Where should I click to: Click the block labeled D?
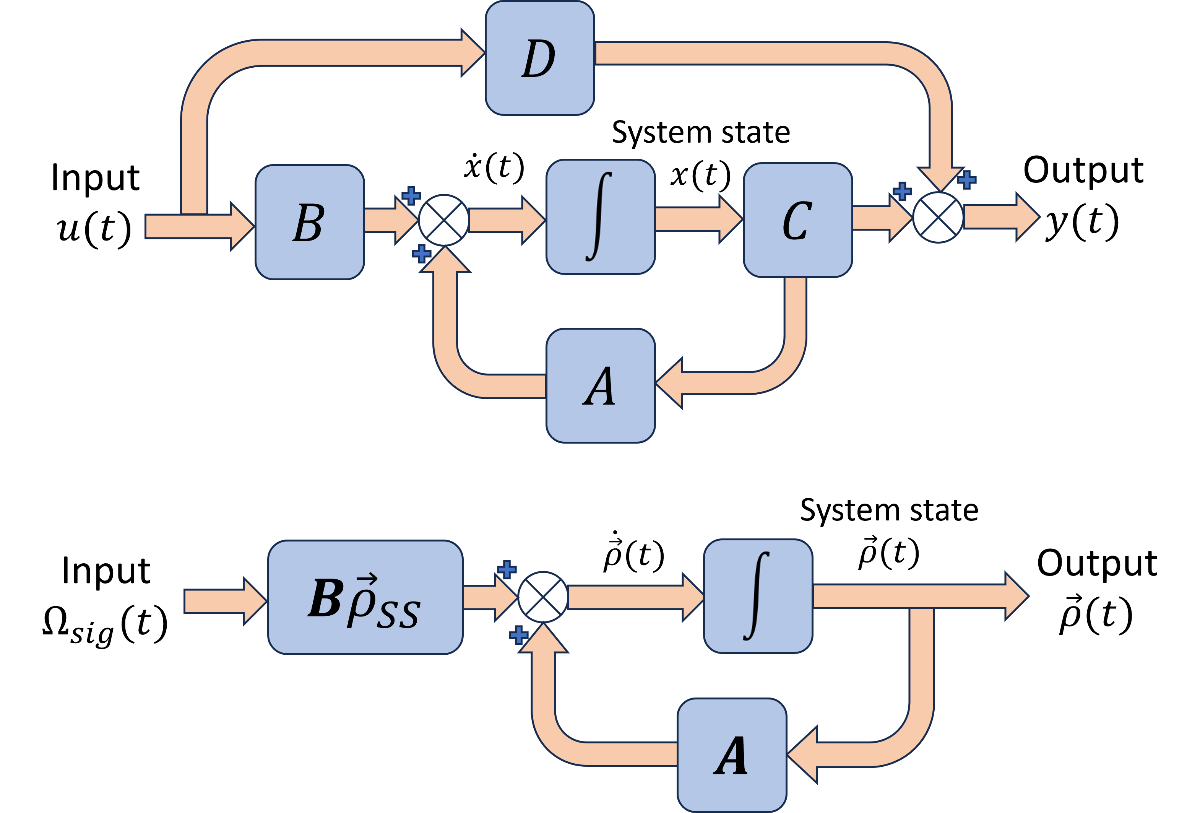point(539,58)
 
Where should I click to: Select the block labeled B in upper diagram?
point(310,222)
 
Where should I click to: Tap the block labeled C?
point(797,220)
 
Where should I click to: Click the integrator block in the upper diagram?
point(600,217)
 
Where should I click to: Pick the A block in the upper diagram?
point(600,386)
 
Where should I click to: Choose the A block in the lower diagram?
point(731,755)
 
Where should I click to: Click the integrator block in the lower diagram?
point(757,596)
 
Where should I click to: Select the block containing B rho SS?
point(365,597)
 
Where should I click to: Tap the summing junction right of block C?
point(938,217)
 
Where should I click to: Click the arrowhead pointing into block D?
point(473,53)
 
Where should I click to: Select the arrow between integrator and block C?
point(697,219)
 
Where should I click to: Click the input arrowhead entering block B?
point(242,226)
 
